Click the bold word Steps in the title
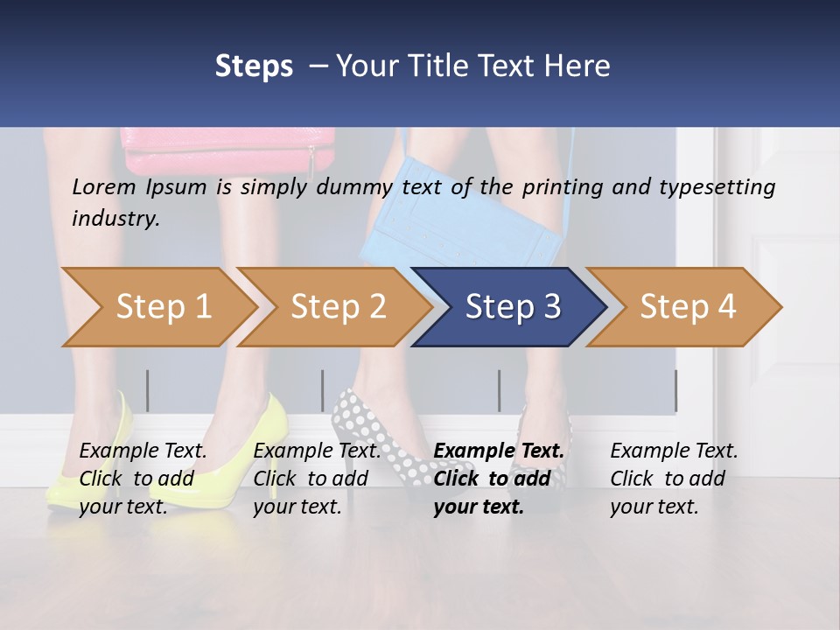tap(254, 66)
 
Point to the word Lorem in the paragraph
tap(104, 187)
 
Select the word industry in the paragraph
tap(115, 219)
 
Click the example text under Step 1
tap(142, 479)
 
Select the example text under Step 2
tap(316, 479)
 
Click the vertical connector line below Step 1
tap(148, 390)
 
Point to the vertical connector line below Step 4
tap(675, 390)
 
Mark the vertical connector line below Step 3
tap(499, 390)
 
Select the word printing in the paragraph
tap(563, 187)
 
